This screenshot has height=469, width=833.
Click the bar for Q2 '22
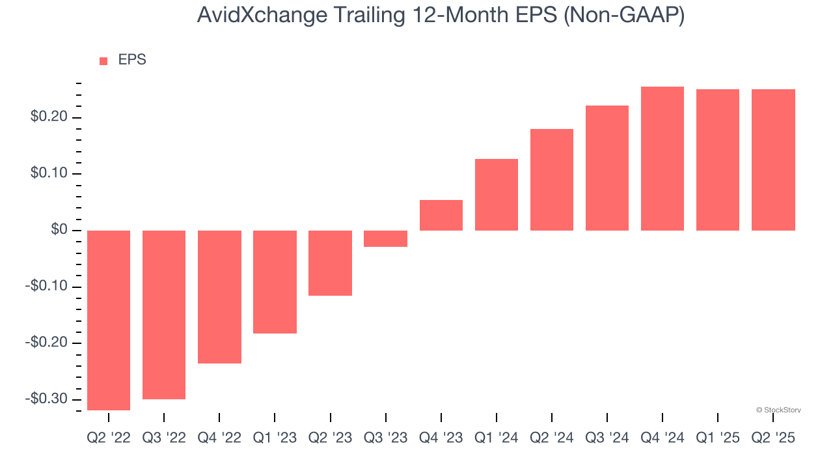pos(109,320)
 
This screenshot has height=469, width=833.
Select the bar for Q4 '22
pos(219,296)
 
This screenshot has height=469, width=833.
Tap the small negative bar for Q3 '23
pos(385,238)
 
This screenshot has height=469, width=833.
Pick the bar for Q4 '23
pos(441,216)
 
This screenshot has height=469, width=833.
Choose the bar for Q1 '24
pos(496,195)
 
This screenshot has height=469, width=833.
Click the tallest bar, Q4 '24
pos(662,159)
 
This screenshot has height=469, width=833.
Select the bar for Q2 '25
pos(772,160)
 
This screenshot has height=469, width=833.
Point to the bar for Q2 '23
pos(330,263)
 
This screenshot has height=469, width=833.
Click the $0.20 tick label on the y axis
pos(48,118)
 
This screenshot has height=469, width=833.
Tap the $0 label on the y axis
pos(59,231)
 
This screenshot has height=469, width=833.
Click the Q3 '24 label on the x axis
pos(607,438)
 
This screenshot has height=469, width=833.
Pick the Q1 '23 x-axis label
pos(275,438)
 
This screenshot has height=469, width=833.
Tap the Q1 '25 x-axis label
pos(717,438)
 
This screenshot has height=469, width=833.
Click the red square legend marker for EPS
pos(103,61)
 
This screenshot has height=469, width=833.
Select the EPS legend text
pos(132,60)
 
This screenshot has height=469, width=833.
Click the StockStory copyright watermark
pos(778,410)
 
